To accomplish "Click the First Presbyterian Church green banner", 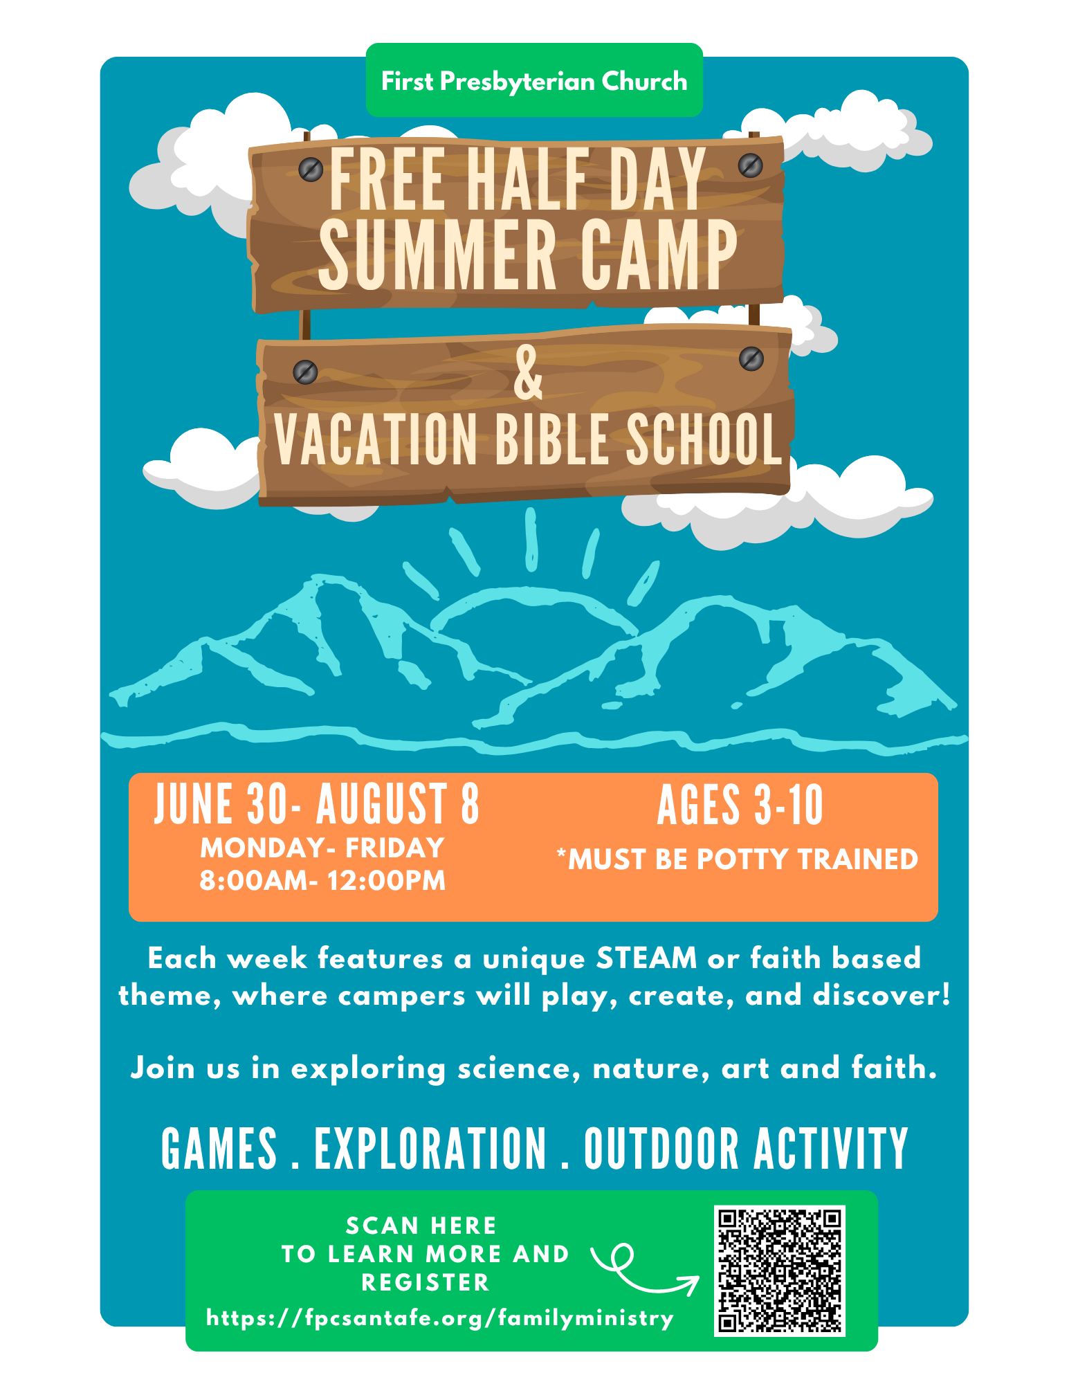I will point(534,81).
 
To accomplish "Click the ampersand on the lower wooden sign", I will point(528,374).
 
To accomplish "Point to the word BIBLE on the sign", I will point(551,440).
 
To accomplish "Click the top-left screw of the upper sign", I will point(311,168).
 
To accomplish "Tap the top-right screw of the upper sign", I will point(750,165).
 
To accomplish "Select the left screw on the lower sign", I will point(305,372).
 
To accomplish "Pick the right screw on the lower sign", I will point(751,358).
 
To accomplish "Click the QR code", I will point(780,1271).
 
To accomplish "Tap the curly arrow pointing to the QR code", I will point(640,1271).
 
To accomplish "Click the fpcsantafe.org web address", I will point(440,1318).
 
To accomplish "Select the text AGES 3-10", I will point(740,805).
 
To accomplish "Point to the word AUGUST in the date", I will point(381,805).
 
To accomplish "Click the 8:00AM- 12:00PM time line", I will point(322,881).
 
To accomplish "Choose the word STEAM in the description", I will point(646,959).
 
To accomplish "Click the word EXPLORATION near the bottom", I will point(430,1150).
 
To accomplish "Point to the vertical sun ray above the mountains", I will point(531,540).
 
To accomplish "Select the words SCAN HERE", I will point(421,1226).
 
